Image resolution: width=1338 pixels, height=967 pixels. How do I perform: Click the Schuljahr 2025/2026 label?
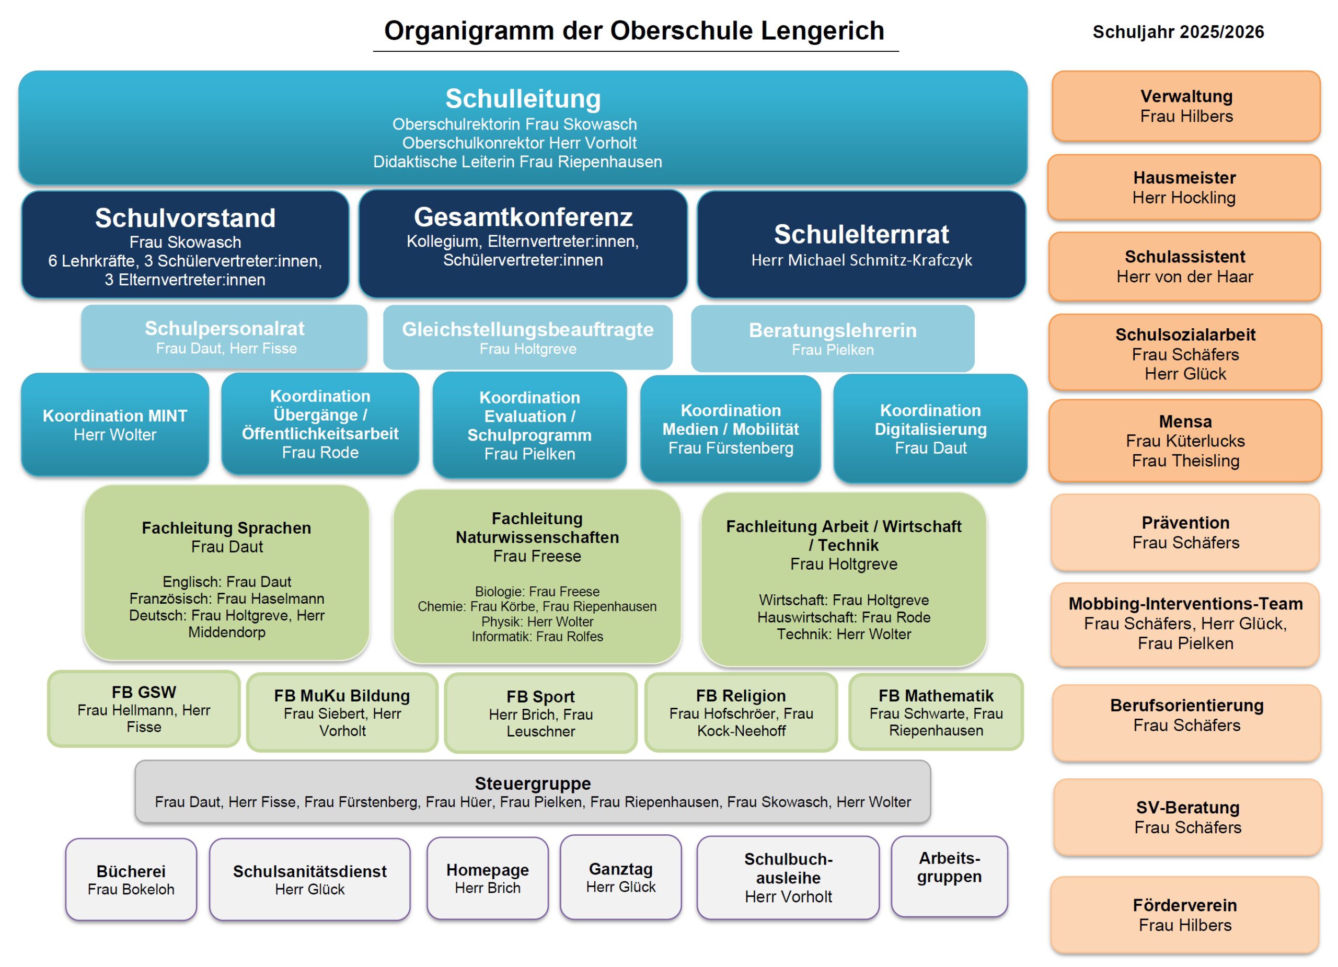pyautogui.click(x=1178, y=32)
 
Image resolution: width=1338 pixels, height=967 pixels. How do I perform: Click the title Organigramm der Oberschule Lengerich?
pyautogui.click(x=634, y=31)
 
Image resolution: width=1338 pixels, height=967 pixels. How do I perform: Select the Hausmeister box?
pyautogui.click(x=1183, y=188)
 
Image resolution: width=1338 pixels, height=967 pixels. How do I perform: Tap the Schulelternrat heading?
pyautogui.click(x=861, y=234)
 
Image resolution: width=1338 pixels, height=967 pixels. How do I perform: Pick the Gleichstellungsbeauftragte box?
pyautogui.click(x=527, y=338)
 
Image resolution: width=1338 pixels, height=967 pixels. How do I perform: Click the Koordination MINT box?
pyautogui.click(x=115, y=425)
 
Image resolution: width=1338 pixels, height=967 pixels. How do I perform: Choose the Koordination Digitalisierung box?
pyautogui.click(x=930, y=429)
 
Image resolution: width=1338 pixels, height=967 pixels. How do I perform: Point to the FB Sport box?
pyautogui.click(x=540, y=713)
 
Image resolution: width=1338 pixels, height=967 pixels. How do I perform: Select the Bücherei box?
pyautogui.click(x=131, y=879)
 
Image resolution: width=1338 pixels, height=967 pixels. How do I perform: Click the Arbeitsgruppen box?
pyautogui.click(x=949, y=876)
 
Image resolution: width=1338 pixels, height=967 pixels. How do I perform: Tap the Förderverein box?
pyautogui.click(x=1185, y=915)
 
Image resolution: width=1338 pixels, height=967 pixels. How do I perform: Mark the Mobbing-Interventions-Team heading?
pyautogui.click(x=1185, y=604)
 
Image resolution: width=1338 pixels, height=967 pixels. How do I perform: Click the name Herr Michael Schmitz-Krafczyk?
pyautogui.click(x=861, y=260)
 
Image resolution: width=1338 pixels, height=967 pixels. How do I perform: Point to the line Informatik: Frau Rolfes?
pyautogui.click(x=537, y=637)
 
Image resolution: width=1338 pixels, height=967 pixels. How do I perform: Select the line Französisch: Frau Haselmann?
pyautogui.click(x=226, y=599)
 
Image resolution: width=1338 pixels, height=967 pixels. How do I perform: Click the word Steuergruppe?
pyautogui.click(x=532, y=784)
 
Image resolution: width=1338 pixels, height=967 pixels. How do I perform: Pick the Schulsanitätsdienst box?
pyautogui.click(x=310, y=879)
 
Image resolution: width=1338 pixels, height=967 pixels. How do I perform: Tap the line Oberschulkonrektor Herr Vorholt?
pyautogui.click(x=519, y=143)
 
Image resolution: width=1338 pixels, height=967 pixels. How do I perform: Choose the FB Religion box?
pyautogui.click(x=741, y=713)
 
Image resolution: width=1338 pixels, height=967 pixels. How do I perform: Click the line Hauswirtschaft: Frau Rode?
pyautogui.click(x=844, y=617)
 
